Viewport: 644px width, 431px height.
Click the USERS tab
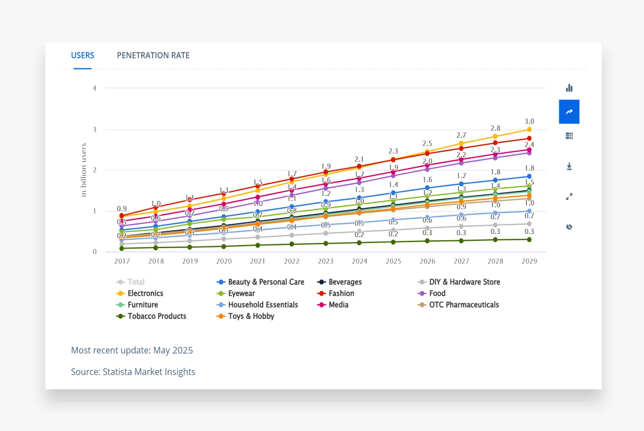coord(83,55)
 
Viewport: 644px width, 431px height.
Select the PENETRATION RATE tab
coord(153,55)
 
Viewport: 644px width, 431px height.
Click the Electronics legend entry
coord(145,293)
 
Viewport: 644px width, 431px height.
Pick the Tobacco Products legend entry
coord(157,316)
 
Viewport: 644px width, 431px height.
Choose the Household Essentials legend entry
coord(263,305)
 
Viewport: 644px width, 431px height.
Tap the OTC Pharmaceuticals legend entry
coord(464,305)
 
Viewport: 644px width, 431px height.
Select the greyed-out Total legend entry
coord(136,282)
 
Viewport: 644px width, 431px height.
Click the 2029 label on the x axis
coord(529,261)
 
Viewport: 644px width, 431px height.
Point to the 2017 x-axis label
coord(122,261)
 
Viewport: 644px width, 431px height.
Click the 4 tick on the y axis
coord(94,89)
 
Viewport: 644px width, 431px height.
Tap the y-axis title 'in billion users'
coord(83,170)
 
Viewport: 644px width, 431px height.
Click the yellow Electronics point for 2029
coord(529,130)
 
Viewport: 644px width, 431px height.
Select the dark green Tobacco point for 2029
coord(529,239)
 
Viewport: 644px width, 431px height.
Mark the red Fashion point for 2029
coord(529,138)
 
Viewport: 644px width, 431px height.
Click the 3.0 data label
coord(529,121)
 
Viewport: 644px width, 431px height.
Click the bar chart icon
coord(569,88)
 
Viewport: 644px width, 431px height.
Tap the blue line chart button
coord(569,112)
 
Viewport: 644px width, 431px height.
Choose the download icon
coord(569,167)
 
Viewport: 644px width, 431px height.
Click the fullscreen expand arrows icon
coord(569,197)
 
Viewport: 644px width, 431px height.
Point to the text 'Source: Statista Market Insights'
coord(133,372)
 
